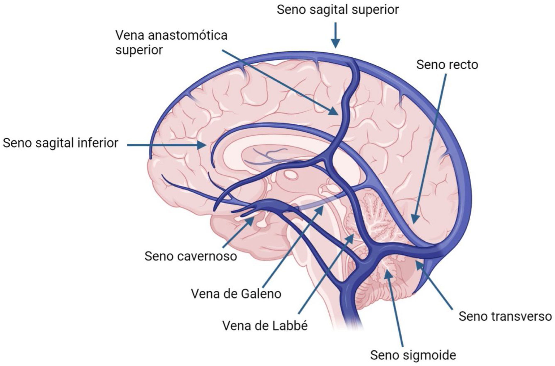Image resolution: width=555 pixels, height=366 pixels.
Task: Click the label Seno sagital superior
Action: [338, 10]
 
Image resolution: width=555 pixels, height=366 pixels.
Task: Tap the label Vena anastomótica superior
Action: [171, 43]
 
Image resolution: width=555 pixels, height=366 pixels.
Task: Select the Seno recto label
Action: [447, 65]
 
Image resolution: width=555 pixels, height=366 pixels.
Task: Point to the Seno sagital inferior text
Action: [60, 143]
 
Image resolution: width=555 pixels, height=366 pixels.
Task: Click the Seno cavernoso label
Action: [191, 256]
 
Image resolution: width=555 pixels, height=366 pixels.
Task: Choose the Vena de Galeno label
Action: [236, 294]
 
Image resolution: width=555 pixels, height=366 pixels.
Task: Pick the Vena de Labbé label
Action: [265, 326]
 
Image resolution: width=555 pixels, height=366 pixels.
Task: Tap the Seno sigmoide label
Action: [413, 355]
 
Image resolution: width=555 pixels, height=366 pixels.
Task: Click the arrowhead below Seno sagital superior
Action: [336, 44]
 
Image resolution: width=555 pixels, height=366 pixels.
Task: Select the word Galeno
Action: [261, 294]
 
